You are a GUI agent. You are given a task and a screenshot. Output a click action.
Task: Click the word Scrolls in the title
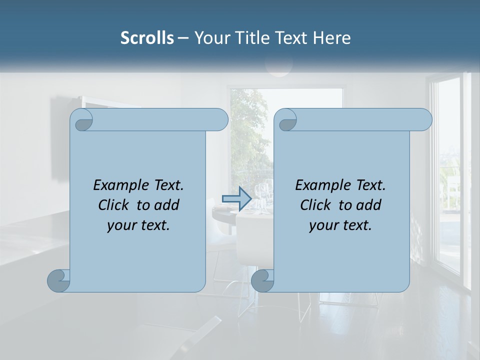[x=147, y=38]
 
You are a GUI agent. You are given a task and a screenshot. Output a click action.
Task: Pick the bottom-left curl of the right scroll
[x=263, y=280]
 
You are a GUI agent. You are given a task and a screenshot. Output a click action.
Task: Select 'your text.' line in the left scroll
[x=138, y=225]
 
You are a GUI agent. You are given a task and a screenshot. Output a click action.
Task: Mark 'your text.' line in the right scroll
[x=340, y=225]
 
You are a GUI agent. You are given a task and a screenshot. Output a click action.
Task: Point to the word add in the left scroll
[x=166, y=205]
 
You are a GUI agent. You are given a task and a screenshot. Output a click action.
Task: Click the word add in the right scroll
[x=368, y=205]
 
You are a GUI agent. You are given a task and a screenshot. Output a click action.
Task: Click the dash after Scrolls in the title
[x=183, y=38]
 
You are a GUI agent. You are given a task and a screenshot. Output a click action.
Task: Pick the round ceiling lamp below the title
[x=278, y=66]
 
